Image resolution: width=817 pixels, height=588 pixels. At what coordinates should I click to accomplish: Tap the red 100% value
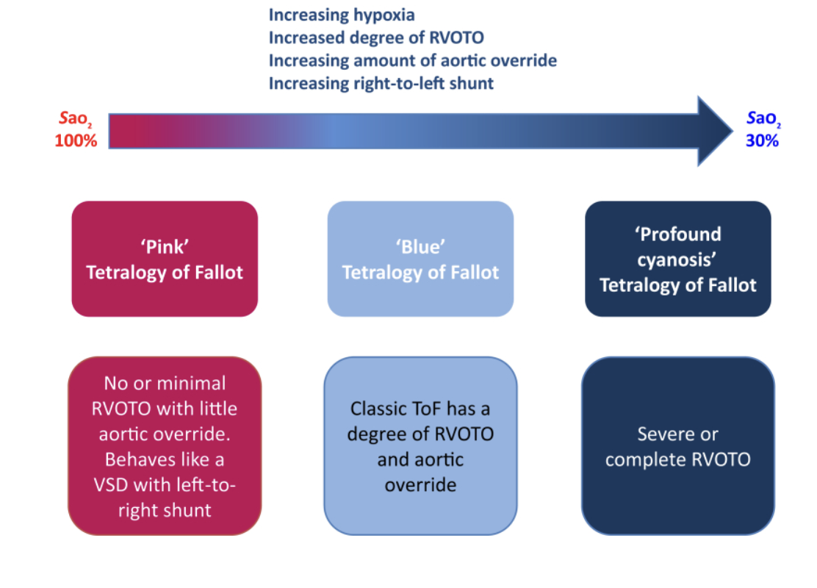(76, 140)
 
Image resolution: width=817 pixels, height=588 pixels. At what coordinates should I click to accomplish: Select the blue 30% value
(762, 140)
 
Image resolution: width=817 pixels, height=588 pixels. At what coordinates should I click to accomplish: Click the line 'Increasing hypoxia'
(342, 15)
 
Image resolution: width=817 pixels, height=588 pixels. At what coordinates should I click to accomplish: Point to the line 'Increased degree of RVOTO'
(376, 37)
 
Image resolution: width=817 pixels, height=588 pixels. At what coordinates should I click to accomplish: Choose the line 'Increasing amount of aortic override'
(412, 60)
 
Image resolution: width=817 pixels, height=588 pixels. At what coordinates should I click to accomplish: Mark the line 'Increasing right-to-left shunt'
(381, 83)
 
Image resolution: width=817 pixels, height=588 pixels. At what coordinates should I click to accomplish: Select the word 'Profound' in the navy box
(677, 234)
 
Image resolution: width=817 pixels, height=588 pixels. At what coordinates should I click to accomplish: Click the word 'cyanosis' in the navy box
(677, 259)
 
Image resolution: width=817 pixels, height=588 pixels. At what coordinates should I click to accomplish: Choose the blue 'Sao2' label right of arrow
(762, 119)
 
